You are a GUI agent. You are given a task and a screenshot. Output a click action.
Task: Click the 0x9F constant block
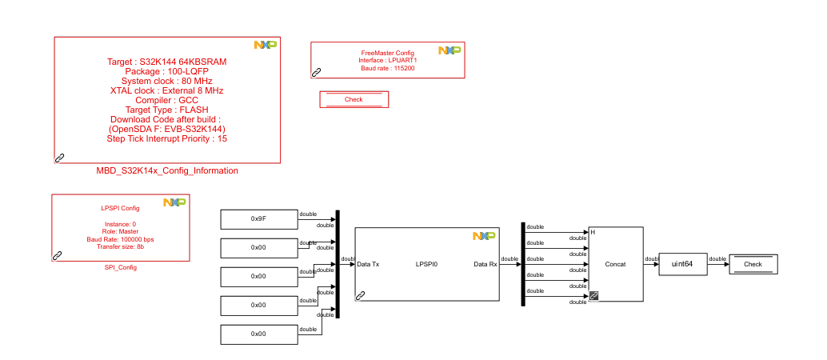258,218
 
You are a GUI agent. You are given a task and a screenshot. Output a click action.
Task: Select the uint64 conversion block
682,264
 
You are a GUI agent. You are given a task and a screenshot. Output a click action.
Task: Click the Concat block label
615,264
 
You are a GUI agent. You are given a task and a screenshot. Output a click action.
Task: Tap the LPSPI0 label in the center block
426,263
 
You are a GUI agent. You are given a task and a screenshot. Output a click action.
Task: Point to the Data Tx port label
368,263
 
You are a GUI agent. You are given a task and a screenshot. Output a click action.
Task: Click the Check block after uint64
753,264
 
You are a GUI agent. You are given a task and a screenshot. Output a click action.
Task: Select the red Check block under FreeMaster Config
354,99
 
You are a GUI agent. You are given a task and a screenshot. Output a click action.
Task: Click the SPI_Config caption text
120,267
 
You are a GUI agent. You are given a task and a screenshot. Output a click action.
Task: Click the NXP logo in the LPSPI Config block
174,202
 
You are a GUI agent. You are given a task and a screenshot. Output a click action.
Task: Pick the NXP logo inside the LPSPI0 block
483,236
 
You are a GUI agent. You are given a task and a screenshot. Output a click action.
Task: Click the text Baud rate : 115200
387,68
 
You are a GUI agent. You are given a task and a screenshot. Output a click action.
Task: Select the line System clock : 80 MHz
166,82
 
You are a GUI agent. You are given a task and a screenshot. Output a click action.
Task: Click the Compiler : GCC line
166,101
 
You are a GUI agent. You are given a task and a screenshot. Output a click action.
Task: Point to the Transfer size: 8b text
120,246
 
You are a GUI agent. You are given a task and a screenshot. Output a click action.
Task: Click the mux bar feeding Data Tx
338,264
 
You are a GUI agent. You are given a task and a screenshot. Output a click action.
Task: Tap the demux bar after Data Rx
522,264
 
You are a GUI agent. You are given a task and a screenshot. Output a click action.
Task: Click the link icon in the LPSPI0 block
360,295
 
